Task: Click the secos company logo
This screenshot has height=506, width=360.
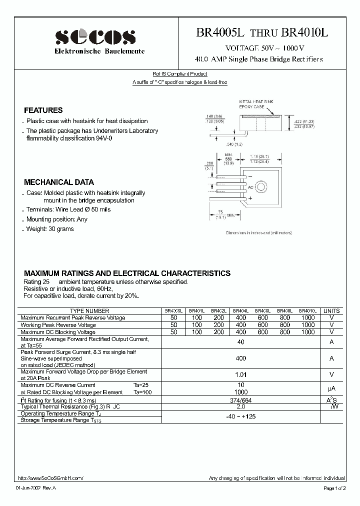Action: (95, 37)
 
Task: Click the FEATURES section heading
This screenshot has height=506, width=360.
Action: (43, 110)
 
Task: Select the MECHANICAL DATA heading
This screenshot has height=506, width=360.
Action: (59, 182)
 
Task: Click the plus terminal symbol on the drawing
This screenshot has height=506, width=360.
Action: (250, 198)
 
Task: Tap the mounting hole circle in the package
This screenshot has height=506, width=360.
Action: (261, 187)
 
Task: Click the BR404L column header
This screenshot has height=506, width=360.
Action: (240, 310)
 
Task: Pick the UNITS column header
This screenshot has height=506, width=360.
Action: (331, 310)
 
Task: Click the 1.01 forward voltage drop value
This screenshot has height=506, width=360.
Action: (240, 374)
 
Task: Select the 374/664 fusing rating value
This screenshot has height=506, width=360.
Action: (240, 400)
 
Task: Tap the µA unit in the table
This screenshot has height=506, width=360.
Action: (331, 388)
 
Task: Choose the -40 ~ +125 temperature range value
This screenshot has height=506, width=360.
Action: (240, 416)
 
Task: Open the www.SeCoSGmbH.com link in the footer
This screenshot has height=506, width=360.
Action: (50, 478)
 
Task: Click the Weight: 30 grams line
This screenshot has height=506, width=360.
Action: (50, 229)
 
